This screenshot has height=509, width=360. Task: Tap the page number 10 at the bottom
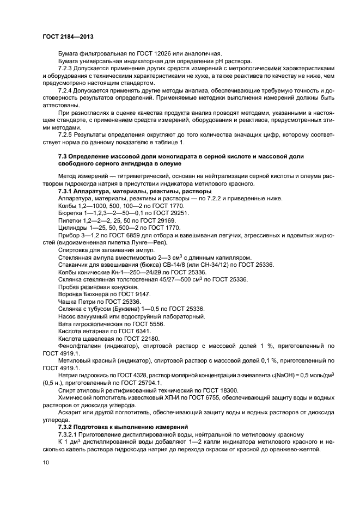tap(45, 462)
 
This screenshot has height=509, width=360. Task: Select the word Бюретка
tap(70, 213)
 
